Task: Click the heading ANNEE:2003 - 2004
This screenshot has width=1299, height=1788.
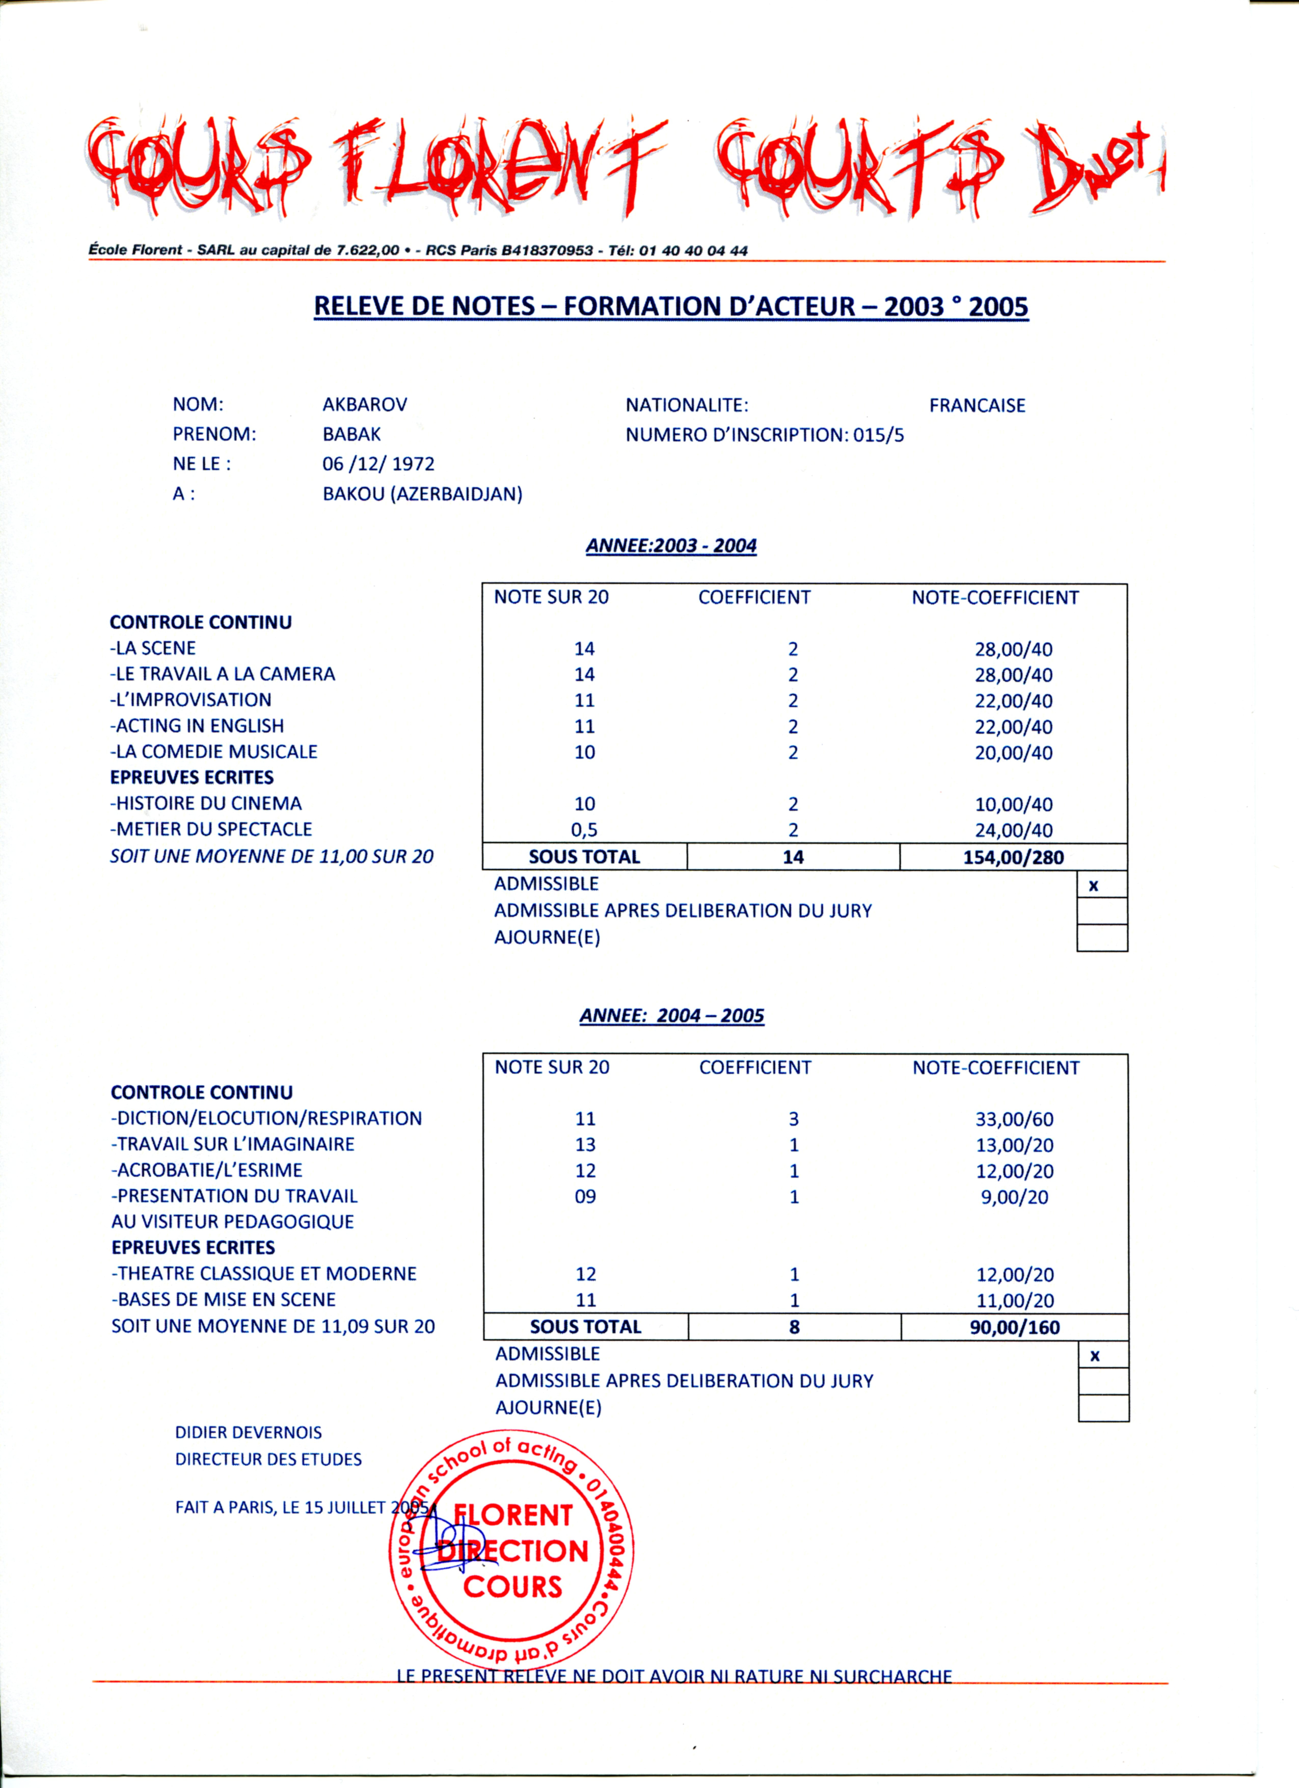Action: coord(671,546)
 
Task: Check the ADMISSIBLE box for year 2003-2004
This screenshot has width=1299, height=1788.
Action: coord(1101,884)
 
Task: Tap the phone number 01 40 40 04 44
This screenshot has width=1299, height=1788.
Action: coord(693,251)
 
